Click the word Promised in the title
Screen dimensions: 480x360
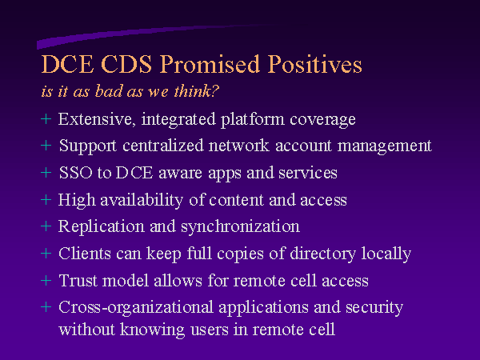click(210, 64)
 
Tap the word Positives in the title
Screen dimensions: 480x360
click(314, 64)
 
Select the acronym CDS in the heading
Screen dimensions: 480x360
click(126, 64)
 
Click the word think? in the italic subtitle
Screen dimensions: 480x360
click(197, 91)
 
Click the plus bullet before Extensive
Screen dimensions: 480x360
click(46, 118)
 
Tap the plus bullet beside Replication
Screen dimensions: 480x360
click(46, 226)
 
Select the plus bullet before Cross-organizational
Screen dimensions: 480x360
click(46, 307)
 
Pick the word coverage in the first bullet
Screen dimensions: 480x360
click(322, 120)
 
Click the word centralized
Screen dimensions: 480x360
click(163, 146)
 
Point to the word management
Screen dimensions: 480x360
click(385, 146)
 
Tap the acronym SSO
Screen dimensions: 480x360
click(76, 173)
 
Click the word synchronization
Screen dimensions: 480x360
click(240, 227)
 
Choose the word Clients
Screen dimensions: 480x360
click(85, 254)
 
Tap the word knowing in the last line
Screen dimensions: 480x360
click(152, 330)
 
